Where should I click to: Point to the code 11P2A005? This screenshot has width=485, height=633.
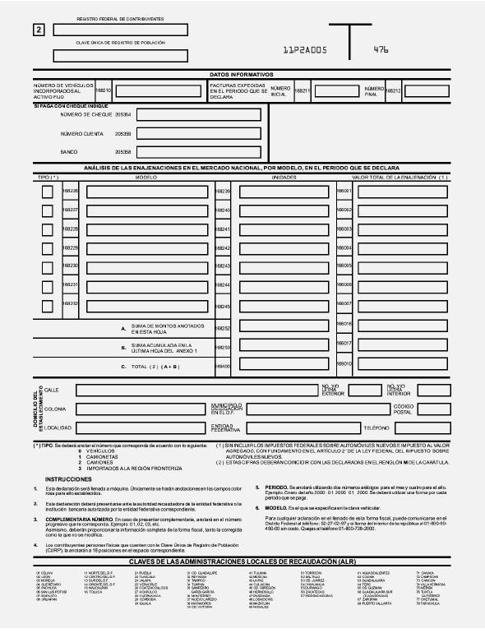[x=304, y=50]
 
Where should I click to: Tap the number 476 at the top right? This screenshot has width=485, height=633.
[x=381, y=49]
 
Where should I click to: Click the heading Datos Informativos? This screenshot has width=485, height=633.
[x=242, y=74]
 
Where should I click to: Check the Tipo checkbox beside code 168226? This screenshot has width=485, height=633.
[x=48, y=192]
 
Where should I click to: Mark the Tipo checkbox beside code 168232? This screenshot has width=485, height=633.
[x=48, y=305]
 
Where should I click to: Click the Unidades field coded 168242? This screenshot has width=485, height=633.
[x=282, y=248]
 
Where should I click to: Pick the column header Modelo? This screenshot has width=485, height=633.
[x=145, y=177]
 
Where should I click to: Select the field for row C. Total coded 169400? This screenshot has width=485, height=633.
[x=282, y=365]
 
